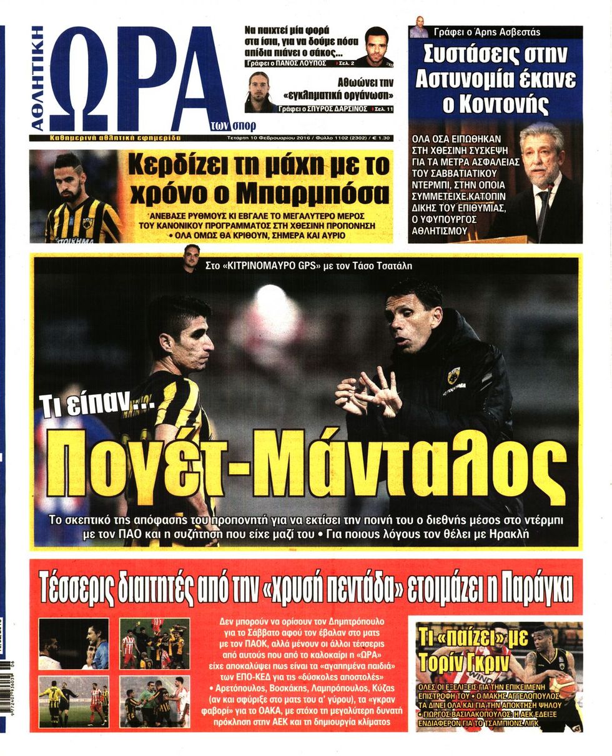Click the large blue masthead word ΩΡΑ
click(137, 78)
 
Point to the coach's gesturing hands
click(368, 394)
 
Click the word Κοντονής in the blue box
click(495, 104)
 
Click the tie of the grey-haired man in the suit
click(542, 206)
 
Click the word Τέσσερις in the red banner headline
click(81, 587)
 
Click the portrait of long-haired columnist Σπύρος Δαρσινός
click(259, 91)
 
